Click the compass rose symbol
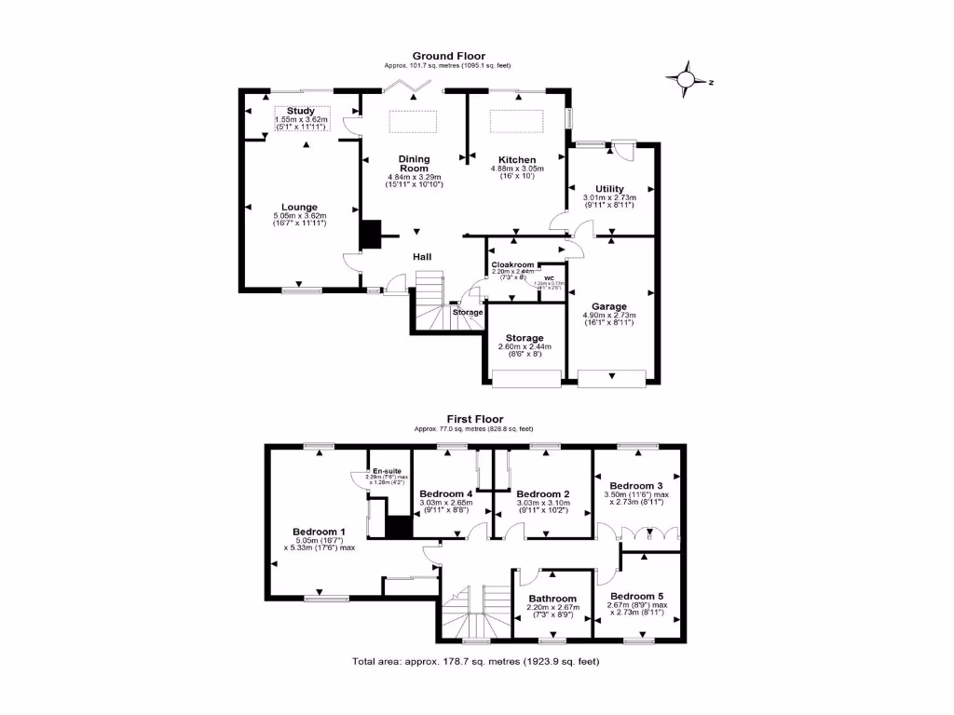(688, 81)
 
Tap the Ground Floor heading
(448, 56)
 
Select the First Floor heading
(474, 419)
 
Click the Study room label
(300, 112)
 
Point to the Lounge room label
(300, 208)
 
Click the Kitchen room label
(517, 159)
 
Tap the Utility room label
(610, 189)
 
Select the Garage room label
(610, 306)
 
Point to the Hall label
(423, 257)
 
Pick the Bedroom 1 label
(320, 531)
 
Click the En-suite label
(386, 471)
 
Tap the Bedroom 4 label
(446, 493)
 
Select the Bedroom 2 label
(542, 493)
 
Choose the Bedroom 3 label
(637, 486)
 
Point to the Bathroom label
(553, 599)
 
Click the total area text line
(475, 662)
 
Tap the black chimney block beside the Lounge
(372, 234)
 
